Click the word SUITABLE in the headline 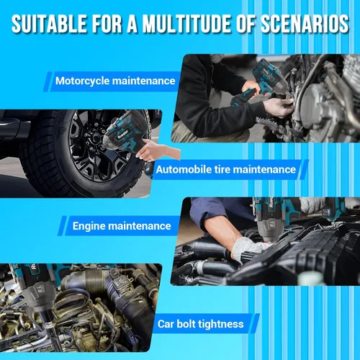click(49, 24)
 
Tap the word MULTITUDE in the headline click(187, 24)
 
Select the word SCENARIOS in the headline click(305, 24)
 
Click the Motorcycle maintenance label click(115, 81)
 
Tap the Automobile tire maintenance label click(226, 170)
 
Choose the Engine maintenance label click(122, 226)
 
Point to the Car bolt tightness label click(201, 324)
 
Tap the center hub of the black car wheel click(94, 138)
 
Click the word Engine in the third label click(89, 227)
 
